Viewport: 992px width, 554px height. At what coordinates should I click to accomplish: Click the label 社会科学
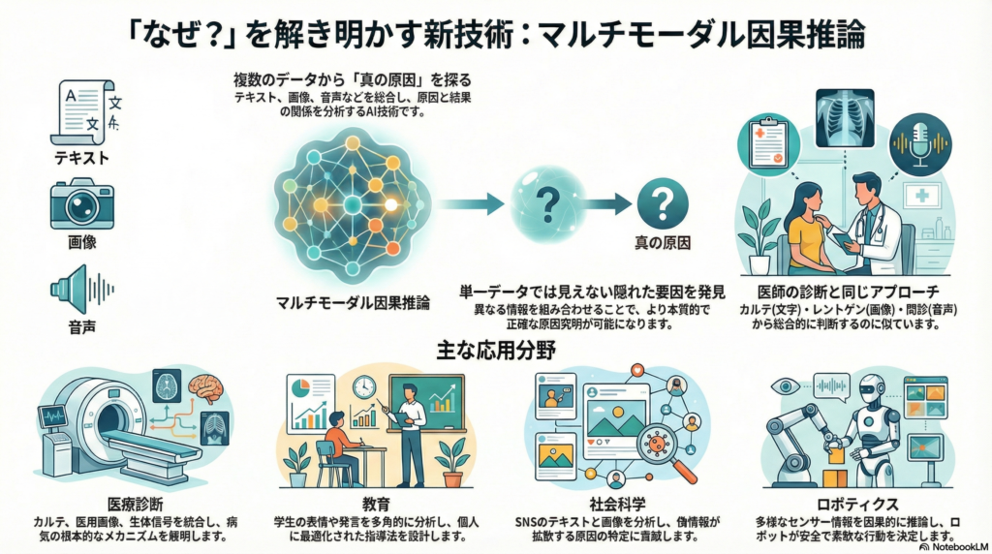coord(616,505)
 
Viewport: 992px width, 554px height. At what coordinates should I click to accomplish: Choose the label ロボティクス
coord(858,505)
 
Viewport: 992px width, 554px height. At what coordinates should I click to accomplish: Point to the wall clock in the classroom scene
coord(364,386)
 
